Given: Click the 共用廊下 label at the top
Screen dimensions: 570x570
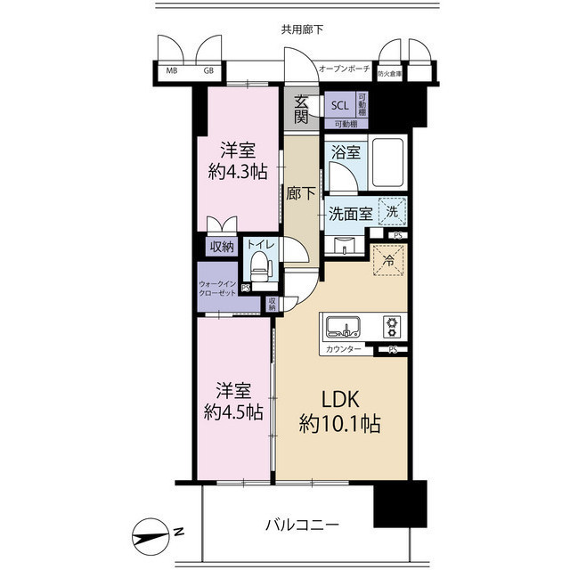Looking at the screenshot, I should point(302,29).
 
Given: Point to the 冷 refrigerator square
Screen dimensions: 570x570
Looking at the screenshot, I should point(389,261).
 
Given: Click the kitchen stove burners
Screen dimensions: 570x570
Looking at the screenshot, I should point(391,326).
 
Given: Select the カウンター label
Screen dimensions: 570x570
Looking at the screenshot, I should point(344,349).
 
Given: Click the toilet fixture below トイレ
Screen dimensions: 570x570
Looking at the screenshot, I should point(259,265).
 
